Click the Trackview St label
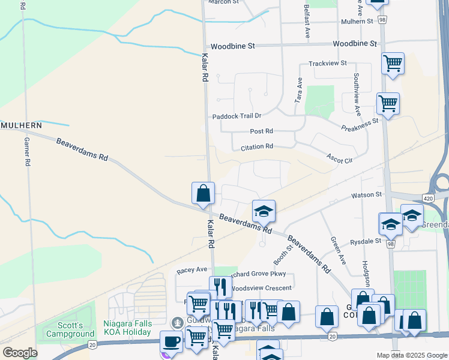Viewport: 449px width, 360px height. [x=327, y=63]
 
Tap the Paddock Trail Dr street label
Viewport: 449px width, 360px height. [x=237, y=116]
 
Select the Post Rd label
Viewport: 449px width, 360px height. [x=261, y=131]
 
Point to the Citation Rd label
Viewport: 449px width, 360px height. [x=257, y=146]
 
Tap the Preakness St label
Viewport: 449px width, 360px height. [x=360, y=124]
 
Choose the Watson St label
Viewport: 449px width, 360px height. [x=366, y=194]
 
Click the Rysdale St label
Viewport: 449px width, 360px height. [x=366, y=241]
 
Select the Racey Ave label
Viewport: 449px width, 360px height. [x=191, y=271]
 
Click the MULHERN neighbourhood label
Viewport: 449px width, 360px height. [x=21, y=125]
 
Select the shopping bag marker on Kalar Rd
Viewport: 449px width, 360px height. [x=203, y=193]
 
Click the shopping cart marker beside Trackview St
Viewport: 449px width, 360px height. [x=393, y=63]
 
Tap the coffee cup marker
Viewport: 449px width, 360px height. [x=172, y=342]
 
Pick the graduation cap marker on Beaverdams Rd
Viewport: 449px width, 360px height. [x=264, y=211]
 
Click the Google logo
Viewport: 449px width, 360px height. [x=20, y=353]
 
